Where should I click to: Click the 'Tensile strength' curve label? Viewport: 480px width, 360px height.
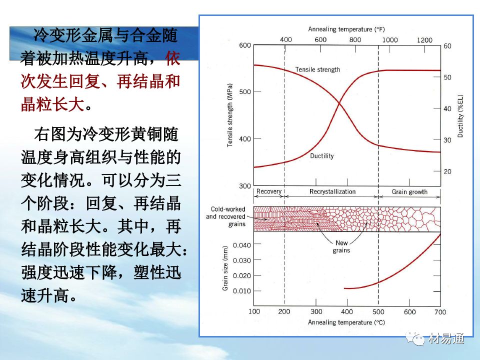coord(317,69)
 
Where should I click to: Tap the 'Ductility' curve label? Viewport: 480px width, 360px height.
coord(321,156)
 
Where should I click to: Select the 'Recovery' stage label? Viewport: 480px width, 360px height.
coord(268,191)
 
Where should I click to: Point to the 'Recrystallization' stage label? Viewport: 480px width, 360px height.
coord(332,191)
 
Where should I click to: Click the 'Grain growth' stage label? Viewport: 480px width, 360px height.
coord(409,191)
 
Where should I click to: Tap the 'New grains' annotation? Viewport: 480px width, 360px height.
coord(341,247)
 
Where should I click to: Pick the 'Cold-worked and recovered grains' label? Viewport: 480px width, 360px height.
coord(225,216)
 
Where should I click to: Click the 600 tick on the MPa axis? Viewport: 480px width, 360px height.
coord(244,45)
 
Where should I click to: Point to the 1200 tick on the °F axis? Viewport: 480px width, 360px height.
coord(424,40)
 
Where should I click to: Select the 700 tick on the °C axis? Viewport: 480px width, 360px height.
coord(439,312)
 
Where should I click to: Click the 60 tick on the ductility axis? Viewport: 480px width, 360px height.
coord(447,46)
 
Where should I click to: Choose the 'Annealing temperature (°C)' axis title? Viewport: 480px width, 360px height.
coord(346,322)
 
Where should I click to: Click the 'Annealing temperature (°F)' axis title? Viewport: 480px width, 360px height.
coord(347,29)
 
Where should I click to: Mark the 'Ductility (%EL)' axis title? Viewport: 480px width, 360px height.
coord(460,115)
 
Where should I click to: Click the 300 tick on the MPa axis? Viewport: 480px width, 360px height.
coord(244,186)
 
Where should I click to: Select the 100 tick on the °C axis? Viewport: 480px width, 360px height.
coord(254,312)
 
